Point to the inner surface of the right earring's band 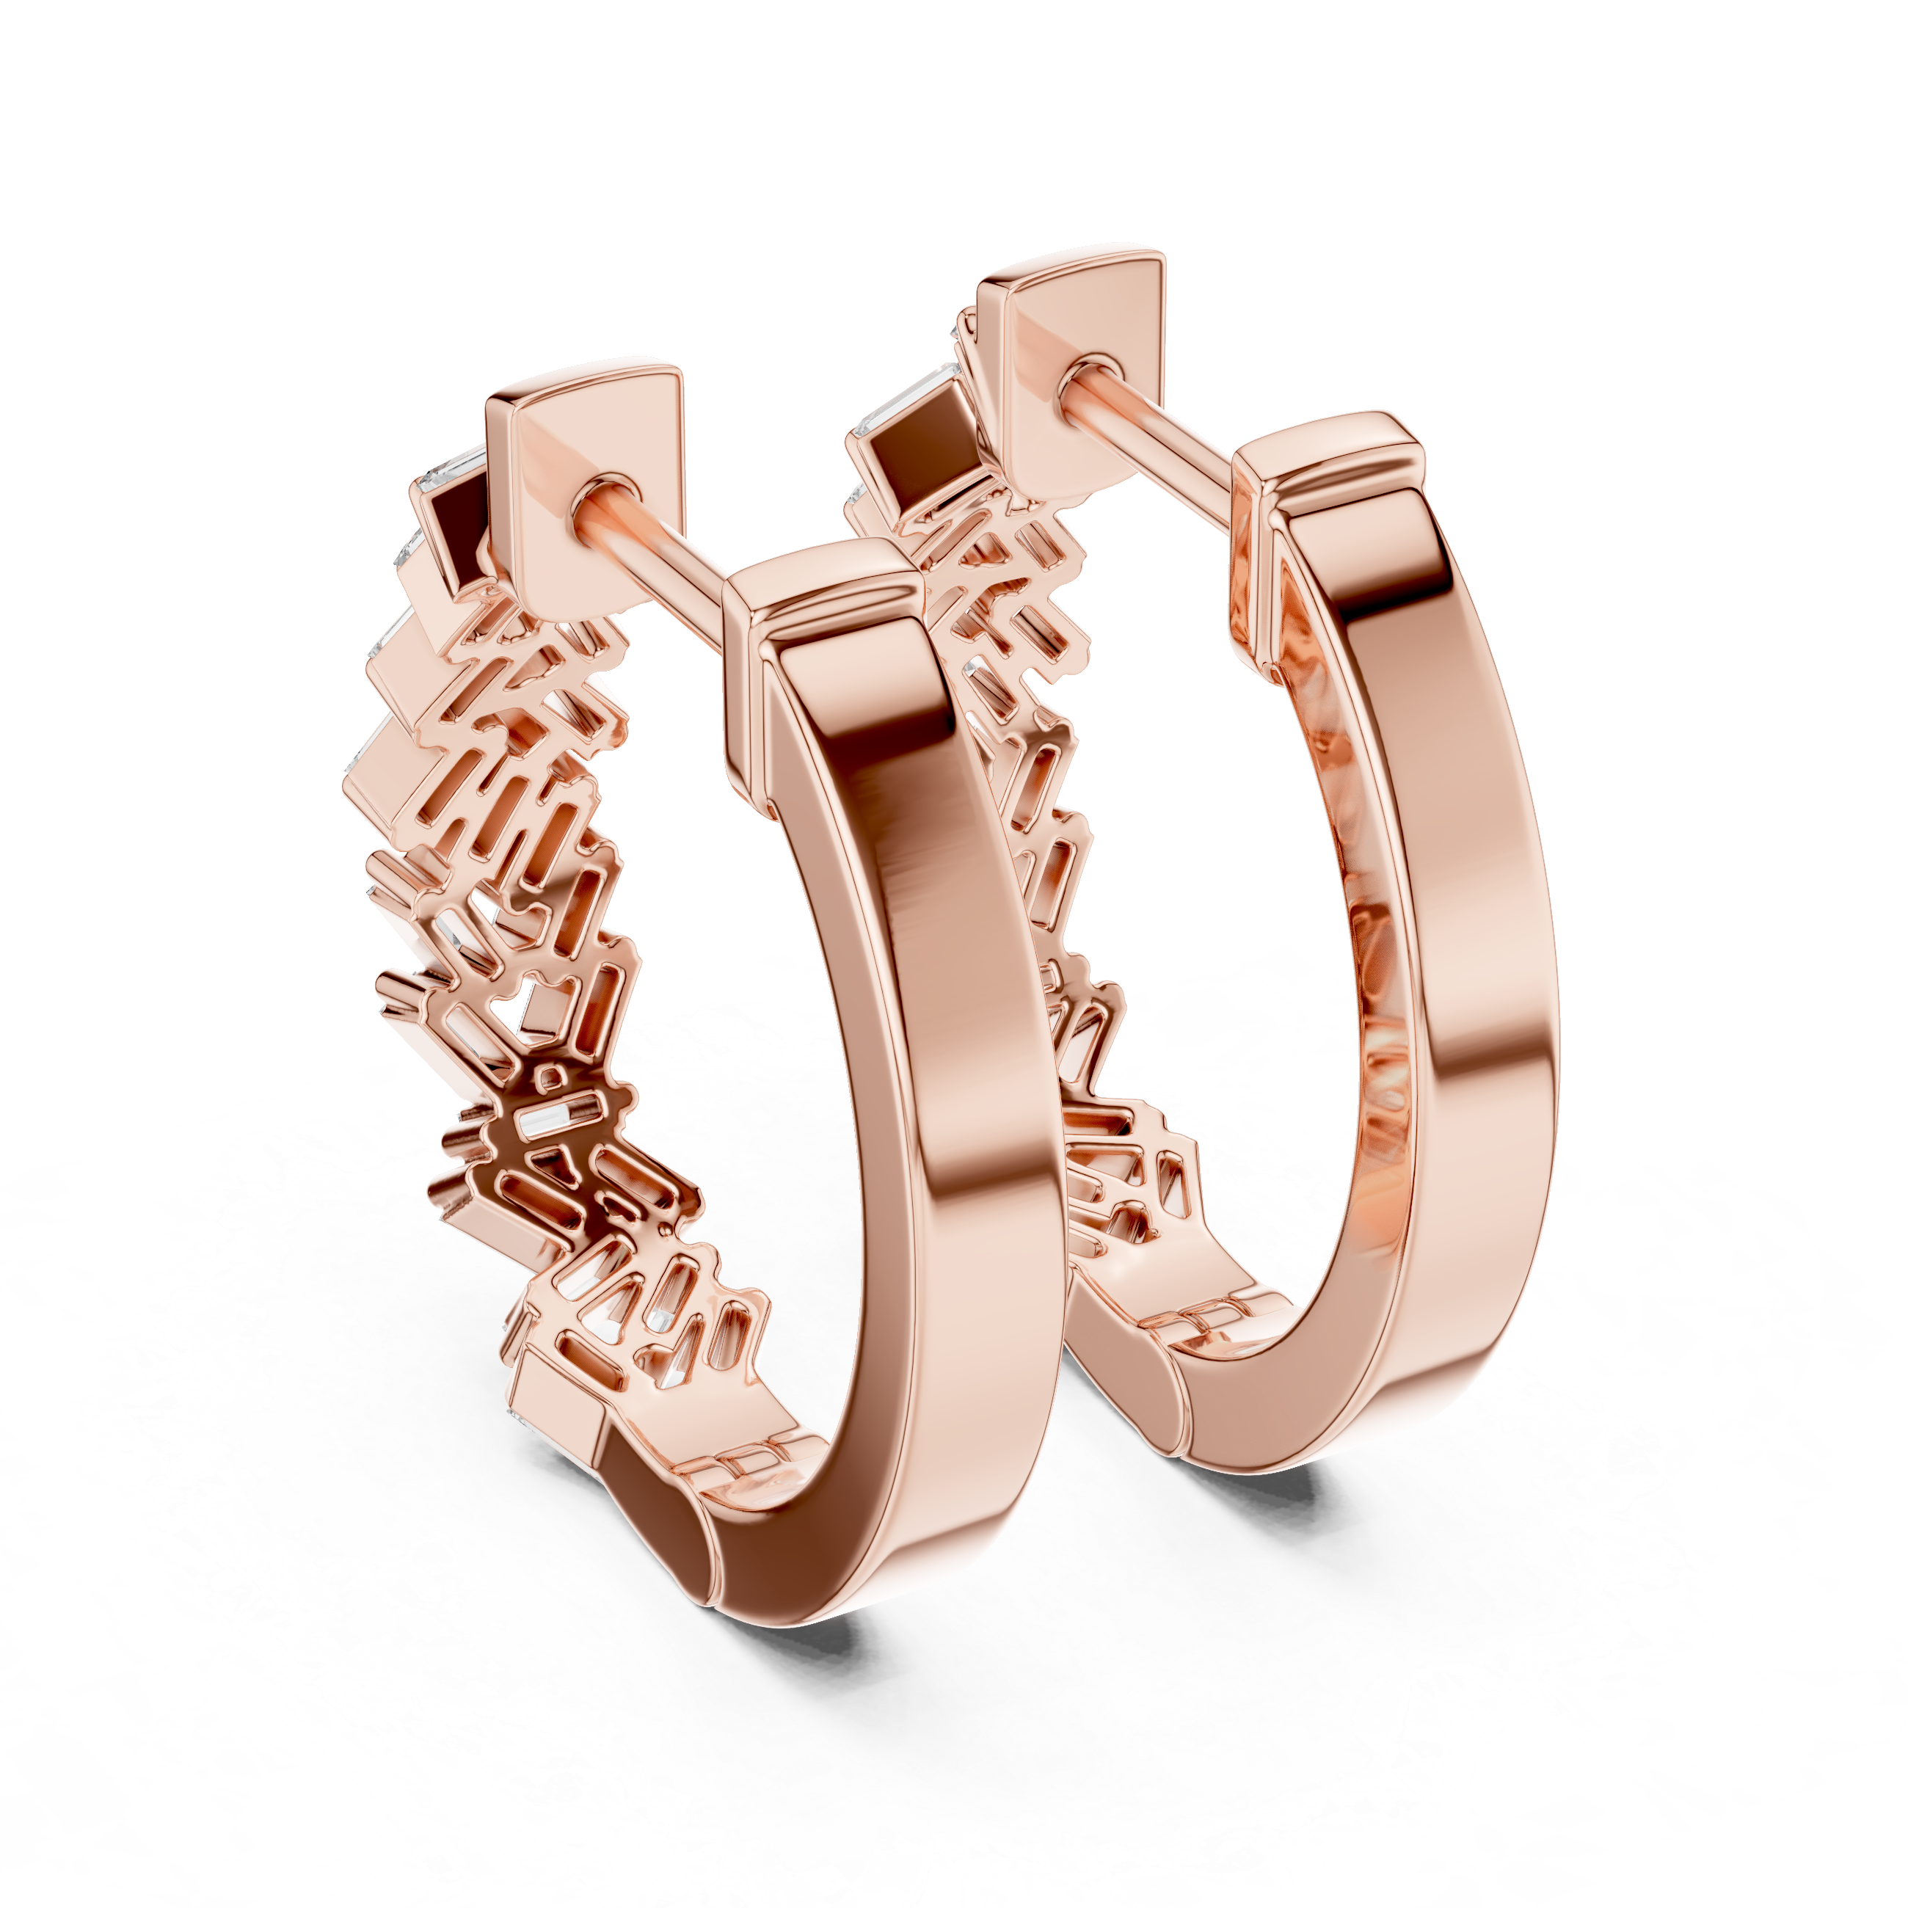(1353, 889)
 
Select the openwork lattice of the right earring (1047, 840)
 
